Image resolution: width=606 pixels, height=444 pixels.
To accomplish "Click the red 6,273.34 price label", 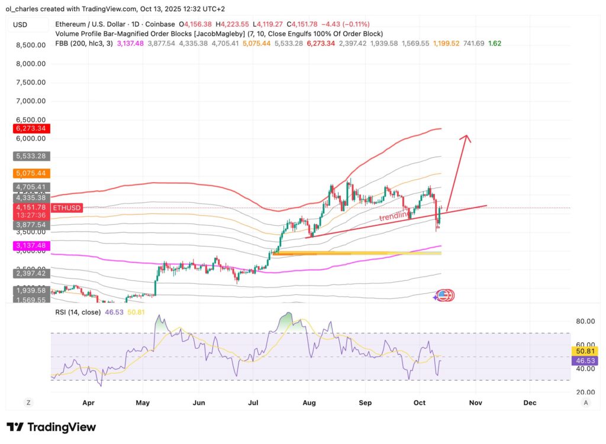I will point(28,128).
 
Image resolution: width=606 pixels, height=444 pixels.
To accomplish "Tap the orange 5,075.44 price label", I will point(28,174).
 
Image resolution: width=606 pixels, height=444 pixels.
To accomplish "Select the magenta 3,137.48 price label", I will point(28,245).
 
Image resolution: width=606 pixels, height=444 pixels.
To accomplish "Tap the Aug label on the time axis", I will point(309,403).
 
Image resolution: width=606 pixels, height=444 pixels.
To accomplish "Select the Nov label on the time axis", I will point(475,403).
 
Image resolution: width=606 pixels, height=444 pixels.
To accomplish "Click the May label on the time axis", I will point(143,403).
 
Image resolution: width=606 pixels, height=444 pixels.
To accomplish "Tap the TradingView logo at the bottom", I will point(51,427).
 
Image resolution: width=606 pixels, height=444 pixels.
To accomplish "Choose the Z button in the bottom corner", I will point(28,403).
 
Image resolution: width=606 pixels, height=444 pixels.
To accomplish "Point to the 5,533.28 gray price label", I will point(28,156).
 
